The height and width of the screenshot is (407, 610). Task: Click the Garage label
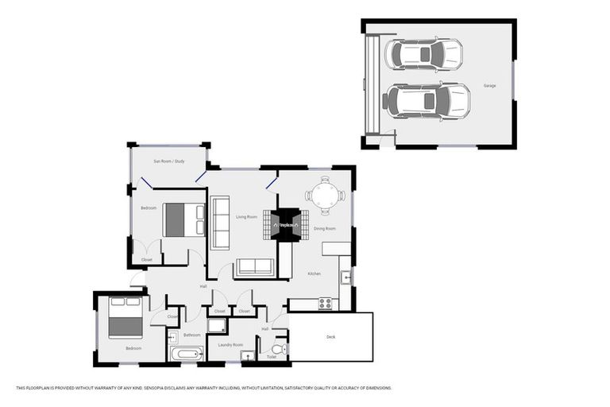pyautogui.click(x=490, y=85)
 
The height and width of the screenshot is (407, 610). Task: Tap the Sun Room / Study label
pyautogui.click(x=168, y=161)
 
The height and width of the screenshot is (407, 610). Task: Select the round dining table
pyautogui.click(x=324, y=195)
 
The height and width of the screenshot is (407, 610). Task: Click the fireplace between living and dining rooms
pyautogui.click(x=286, y=225)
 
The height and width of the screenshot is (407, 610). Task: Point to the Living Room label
pyautogui.click(x=246, y=216)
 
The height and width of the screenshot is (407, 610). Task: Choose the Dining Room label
pyautogui.click(x=324, y=228)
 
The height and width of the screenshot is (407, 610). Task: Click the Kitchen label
pyautogui.click(x=314, y=273)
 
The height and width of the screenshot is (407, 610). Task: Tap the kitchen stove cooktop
pyautogui.click(x=325, y=303)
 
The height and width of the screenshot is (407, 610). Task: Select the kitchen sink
pyautogui.click(x=346, y=277)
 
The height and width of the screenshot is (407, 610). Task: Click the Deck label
pyautogui.click(x=330, y=337)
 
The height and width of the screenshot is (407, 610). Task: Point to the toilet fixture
pyautogui.click(x=278, y=349)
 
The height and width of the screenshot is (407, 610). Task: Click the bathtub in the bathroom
pyautogui.click(x=187, y=354)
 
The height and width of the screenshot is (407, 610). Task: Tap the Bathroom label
pyautogui.click(x=191, y=335)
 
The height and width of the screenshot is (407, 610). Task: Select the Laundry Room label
pyautogui.click(x=230, y=345)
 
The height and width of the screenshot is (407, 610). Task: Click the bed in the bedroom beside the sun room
pyautogui.click(x=184, y=220)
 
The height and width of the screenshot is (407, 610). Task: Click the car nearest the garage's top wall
pyautogui.click(x=423, y=55)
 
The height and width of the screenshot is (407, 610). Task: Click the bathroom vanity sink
pyautogui.click(x=173, y=337)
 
